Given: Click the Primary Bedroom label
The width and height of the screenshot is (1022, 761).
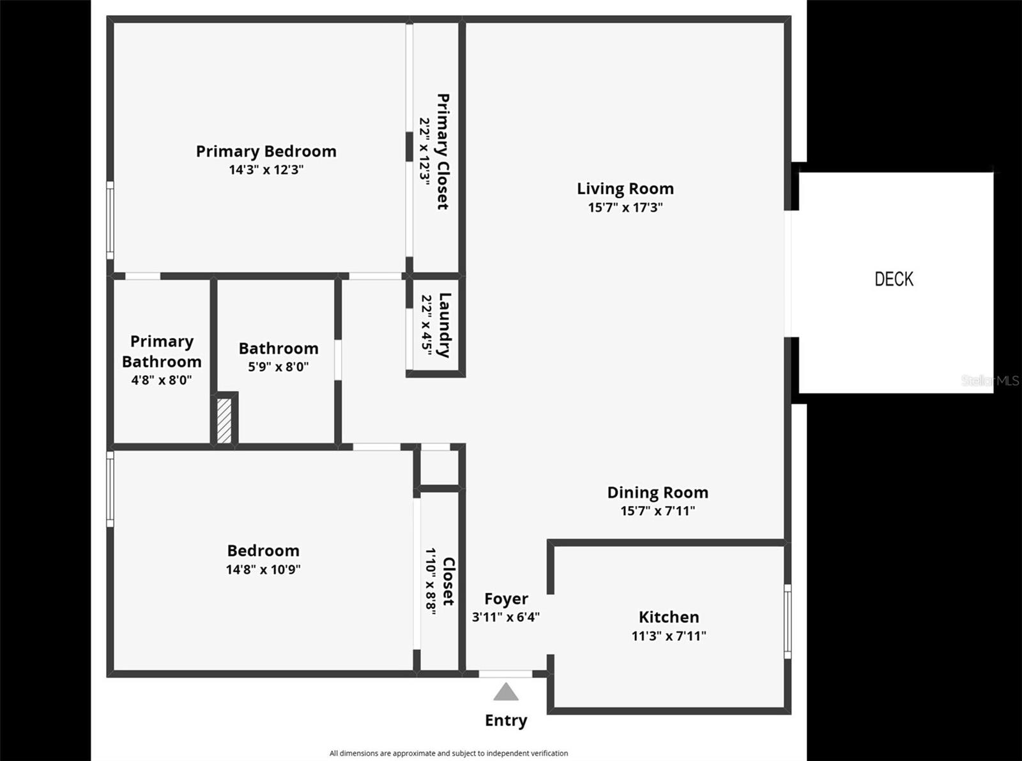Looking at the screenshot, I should tap(266, 151).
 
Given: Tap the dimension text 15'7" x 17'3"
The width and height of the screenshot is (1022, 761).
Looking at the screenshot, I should tap(625, 207).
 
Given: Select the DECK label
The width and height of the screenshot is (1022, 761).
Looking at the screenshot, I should tap(894, 279).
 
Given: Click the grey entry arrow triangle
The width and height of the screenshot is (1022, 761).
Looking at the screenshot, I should tap(506, 692).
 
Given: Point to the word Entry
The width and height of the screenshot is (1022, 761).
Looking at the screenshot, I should tap(506, 720).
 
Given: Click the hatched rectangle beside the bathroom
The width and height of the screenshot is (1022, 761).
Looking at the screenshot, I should tap(224, 420).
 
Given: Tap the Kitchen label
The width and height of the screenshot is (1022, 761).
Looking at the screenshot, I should tap(669, 617).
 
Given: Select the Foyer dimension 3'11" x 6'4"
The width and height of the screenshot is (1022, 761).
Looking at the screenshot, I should tap(506, 617).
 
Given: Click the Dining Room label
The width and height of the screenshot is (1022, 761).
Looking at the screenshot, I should tap(657, 492).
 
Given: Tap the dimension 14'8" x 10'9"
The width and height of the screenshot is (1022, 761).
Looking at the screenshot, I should tap(263, 569).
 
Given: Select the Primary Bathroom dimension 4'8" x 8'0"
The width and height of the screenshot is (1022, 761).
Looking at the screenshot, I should tap(162, 380).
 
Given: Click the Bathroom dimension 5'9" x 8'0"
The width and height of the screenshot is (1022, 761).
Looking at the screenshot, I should tap(278, 367).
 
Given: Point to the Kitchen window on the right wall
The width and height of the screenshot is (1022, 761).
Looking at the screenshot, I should tap(788, 621).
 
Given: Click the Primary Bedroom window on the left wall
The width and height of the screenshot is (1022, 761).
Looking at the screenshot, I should tap(110, 220).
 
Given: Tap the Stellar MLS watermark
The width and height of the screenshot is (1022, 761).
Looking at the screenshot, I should tap(990, 381).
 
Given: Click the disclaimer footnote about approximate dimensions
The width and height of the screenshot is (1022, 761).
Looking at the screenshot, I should tap(448, 753).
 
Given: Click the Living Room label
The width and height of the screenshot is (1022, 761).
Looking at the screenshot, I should tap(625, 188).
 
